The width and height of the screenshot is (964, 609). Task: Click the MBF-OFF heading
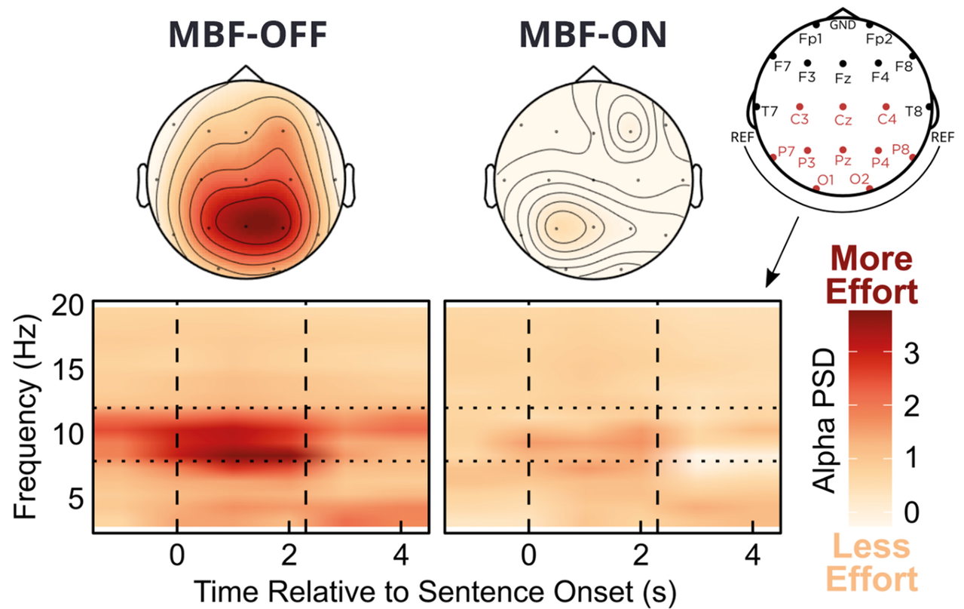click(248, 34)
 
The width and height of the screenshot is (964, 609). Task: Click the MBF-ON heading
click(593, 34)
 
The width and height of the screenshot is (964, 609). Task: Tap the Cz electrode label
click(843, 120)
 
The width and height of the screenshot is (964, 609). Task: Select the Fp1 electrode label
click(810, 39)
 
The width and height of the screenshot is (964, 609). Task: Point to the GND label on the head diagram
click(843, 26)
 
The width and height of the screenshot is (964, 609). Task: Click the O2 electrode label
click(859, 178)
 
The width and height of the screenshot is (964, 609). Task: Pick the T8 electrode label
click(914, 112)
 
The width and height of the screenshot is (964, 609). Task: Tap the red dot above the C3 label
click(800, 106)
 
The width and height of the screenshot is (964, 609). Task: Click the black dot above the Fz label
click(843, 64)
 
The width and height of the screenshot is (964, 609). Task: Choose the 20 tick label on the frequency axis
click(68, 306)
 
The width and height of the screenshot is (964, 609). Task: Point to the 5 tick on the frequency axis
click(75, 499)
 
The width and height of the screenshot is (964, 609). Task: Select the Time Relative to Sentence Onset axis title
click(436, 592)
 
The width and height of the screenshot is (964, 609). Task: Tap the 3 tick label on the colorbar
click(911, 353)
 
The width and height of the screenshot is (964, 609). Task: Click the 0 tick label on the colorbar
click(911, 512)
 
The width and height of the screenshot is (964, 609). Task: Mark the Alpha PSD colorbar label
click(824, 420)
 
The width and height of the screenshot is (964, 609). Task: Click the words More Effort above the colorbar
click(871, 275)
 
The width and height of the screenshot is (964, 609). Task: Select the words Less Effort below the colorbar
click(871, 562)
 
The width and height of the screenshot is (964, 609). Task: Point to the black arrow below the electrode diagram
click(782, 252)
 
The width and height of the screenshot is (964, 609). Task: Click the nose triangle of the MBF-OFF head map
click(246, 74)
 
